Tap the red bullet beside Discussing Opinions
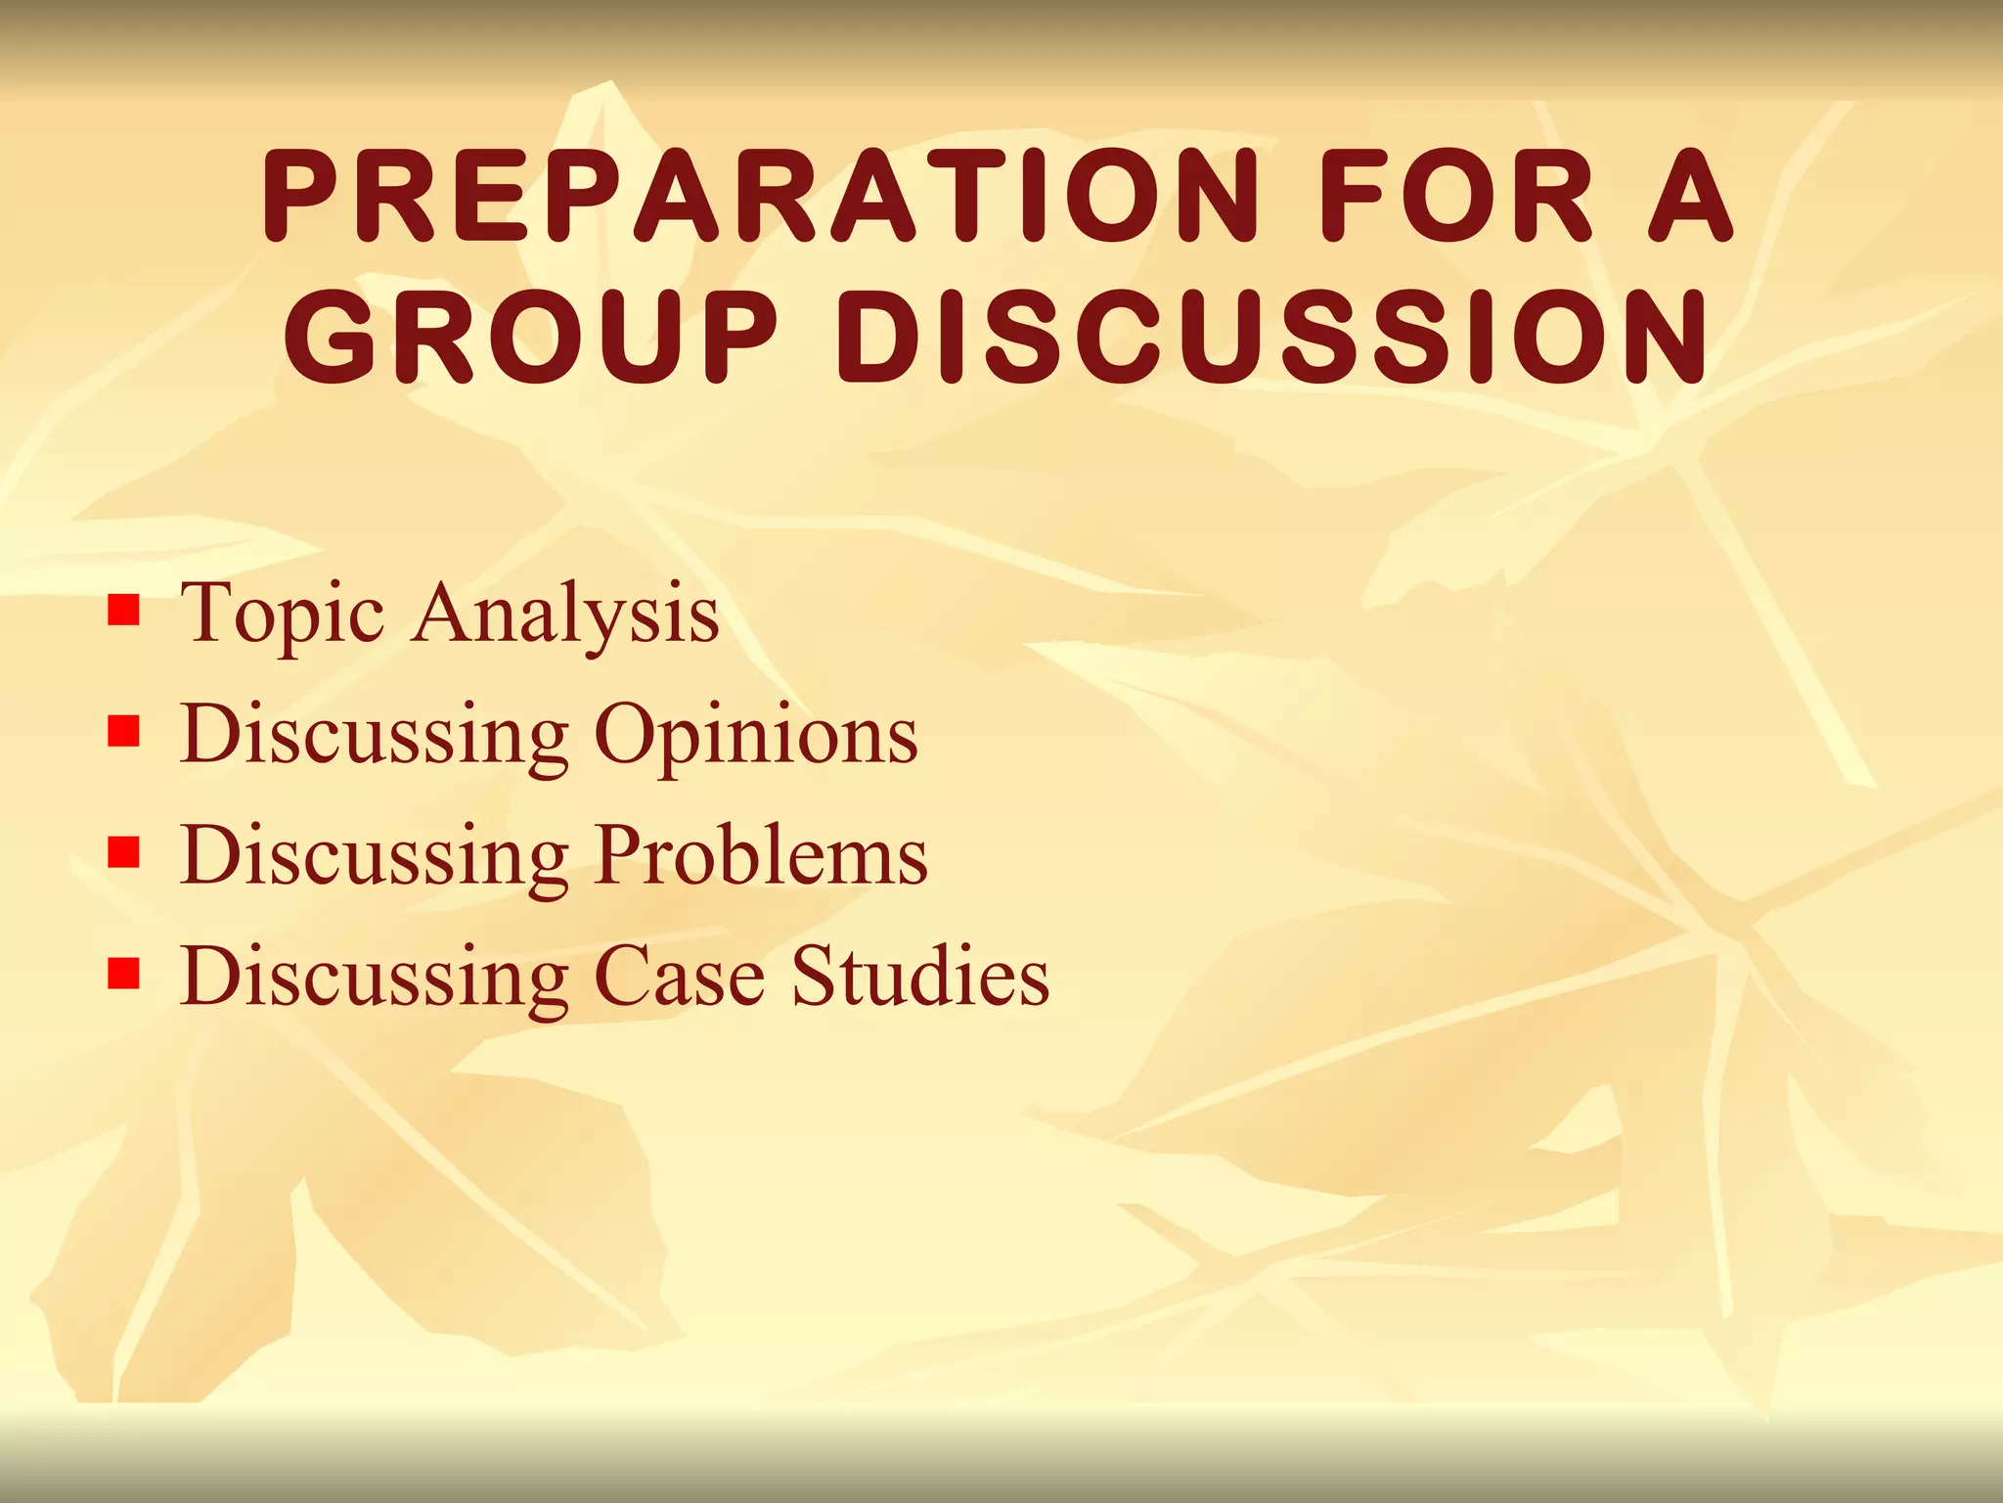point(123,732)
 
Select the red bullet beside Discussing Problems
point(123,852)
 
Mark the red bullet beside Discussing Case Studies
point(123,973)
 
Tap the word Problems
point(762,855)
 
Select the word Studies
point(920,975)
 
